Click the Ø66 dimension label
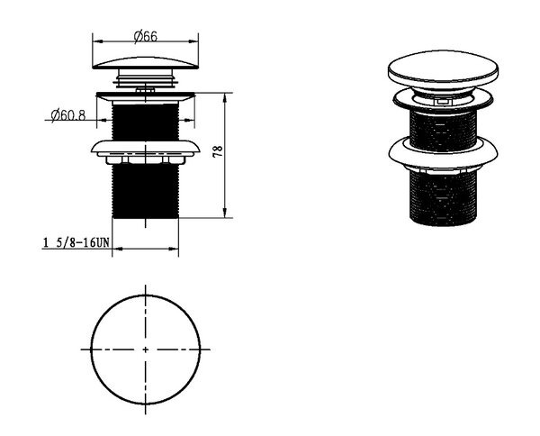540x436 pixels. pyautogui.click(x=145, y=36)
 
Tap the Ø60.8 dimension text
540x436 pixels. pyautogui.click(x=67, y=115)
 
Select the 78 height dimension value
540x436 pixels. pyautogui.click(x=218, y=152)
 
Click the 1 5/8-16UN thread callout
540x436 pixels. pyautogui.click(x=76, y=242)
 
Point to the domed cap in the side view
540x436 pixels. pyautogui.click(x=146, y=63)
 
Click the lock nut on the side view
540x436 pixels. pyautogui.click(x=146, y=151)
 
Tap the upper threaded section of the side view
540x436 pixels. pyautogui.click(x=145, y=122)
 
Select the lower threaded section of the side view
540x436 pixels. pyautogui.click(x=145, y=191)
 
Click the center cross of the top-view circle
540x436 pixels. pyautogui.click(x=145, y=350)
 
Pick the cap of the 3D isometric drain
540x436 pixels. pyautogui.click(x=443, y=69)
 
